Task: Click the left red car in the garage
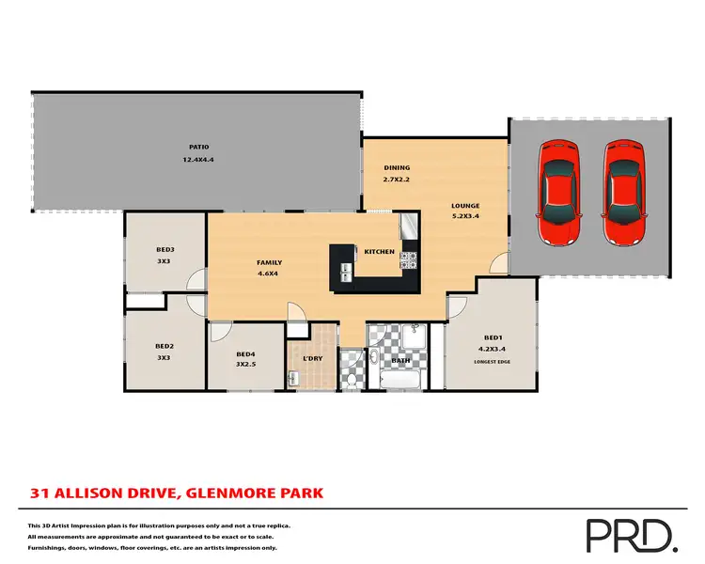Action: [557, 193]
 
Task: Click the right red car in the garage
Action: [624, 193]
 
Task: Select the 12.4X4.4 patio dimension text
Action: [198, 159]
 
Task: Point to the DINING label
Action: [396, 167]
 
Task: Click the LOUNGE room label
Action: [464, 206]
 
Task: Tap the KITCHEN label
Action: [379, 252]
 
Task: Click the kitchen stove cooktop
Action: [409, 260]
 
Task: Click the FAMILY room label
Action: [269, 262]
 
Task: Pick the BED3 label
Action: [165, 249]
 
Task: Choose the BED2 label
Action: [165, 346]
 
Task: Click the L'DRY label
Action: [313, 358]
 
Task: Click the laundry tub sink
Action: [294, 378]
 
